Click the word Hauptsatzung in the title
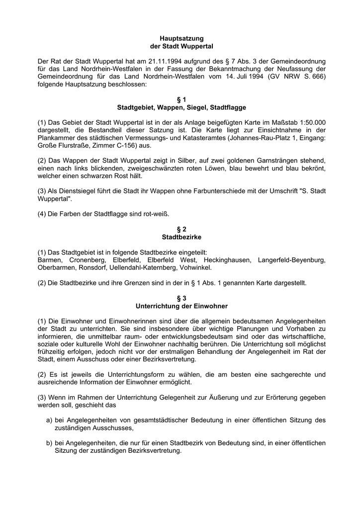tap(181, 38)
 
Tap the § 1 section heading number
tap(181, 100)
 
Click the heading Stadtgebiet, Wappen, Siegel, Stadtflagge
tap(181, 107)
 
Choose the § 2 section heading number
tap(181, 230)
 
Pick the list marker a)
tap(49, 420)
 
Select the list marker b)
tap(49, 443)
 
